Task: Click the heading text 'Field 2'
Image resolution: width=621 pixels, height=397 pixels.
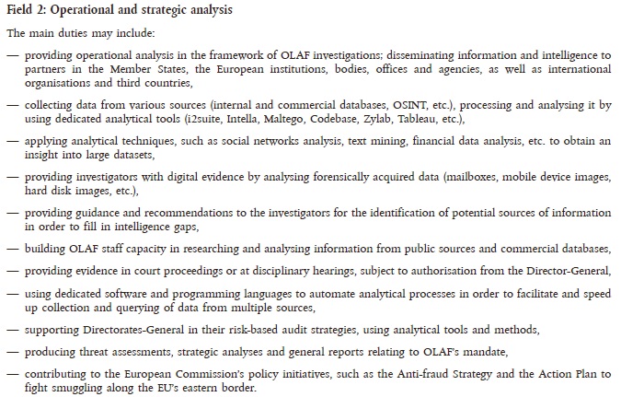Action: tap(25, 10)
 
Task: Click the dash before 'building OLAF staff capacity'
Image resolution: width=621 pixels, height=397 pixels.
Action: tap(12, 250)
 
